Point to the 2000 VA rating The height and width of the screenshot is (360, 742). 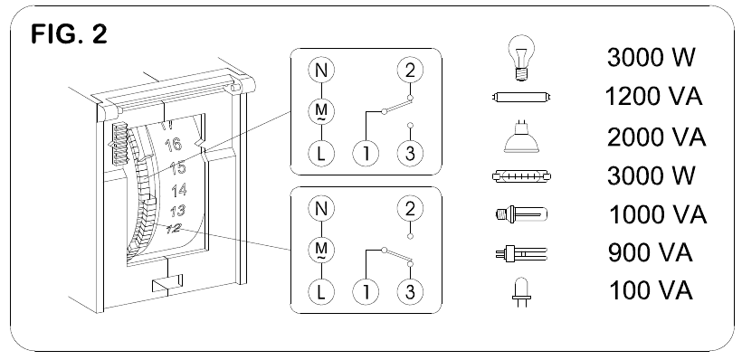654,137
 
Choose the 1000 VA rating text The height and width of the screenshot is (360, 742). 654,215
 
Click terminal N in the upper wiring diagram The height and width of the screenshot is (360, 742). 319,69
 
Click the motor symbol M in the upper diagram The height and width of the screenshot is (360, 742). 319,110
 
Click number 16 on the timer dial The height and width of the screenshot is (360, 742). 175,145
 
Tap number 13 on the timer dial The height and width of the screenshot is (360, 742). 178,211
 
